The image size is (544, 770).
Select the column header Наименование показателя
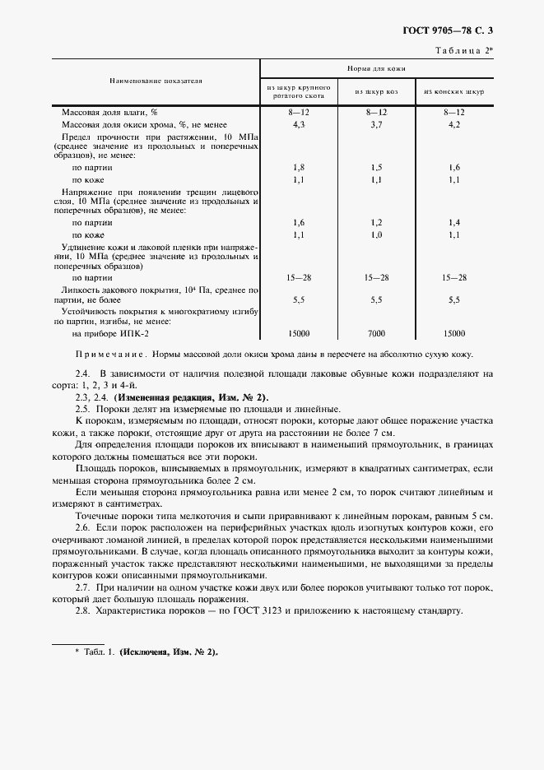[156, 81]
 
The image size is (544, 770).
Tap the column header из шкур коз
[377, 91]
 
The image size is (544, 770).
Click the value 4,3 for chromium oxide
[299, 124]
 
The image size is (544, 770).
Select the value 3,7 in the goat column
[376, 124]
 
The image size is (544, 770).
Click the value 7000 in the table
[376, 333]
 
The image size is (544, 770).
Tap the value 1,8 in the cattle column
[299, 167]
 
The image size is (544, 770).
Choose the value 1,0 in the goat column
[376, 235]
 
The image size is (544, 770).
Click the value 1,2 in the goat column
[376, 222]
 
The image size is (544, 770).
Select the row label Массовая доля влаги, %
[109, 111]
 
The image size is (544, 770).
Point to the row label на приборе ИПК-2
[111, 333]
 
